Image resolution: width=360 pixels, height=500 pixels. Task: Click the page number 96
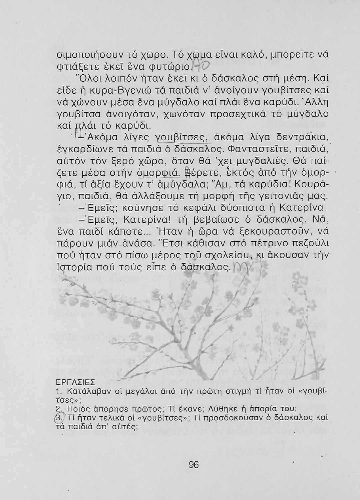pos(194,464)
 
